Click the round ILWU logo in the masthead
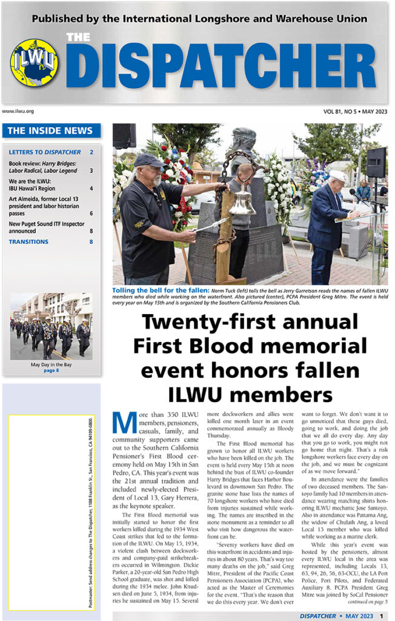point(35,63)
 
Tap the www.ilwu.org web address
point(18,111)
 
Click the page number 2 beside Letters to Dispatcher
point(91,152)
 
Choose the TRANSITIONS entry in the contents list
point(28,241)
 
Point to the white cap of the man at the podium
point(337,176)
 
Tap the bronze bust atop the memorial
point(243,143)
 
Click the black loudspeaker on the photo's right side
point(376,162)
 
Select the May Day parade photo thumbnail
point(51,326)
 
